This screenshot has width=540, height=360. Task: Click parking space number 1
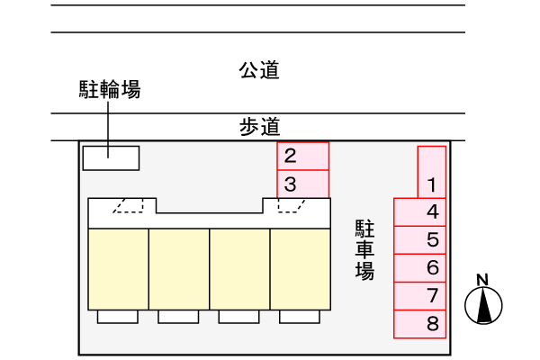[x=432, y=172]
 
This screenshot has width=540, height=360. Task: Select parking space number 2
[x=303, y=156]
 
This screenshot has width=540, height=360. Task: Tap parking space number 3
[x=303, y=184]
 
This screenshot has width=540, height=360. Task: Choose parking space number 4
[x=419, y=212]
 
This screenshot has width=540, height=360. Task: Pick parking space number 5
[x=419, y=240]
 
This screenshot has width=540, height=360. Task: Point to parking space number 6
[x=419, y=268]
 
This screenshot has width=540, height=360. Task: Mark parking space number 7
[x=419, y=296]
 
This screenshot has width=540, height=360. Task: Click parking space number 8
[x=419, y=324]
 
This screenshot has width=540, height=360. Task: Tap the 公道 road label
[x=259, y=70]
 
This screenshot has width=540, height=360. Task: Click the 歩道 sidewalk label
[x=259, y=127]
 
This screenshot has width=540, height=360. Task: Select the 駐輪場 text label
[x=110, y=90]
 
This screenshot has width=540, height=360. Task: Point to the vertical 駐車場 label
[x=364, y=249]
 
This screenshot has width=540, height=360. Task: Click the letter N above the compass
[x=482, y=280]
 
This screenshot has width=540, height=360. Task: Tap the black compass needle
[x=484, y=305]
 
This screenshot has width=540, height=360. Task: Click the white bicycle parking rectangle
[x=111, y=158]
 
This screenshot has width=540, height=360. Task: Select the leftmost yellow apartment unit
[x=119, y=269]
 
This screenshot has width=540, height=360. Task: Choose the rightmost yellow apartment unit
[x=301, y=269]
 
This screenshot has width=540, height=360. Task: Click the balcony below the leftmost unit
[x=117, y=317]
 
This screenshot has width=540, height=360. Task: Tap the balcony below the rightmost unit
[x=300, y=317]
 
